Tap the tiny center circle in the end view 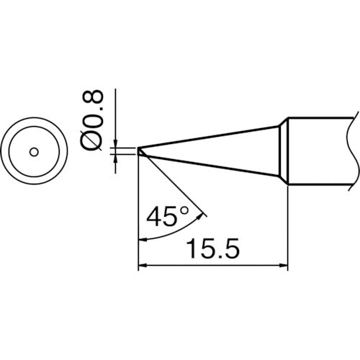[x=33, y=151]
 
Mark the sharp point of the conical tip [x=139, y=151]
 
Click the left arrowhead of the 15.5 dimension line [x=142, y=266]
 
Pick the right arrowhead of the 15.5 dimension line [x=284, y=266]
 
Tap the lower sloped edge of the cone [x=209, y=166]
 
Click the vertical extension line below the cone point [x=138, y=216]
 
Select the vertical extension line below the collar [x=289, y=230]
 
